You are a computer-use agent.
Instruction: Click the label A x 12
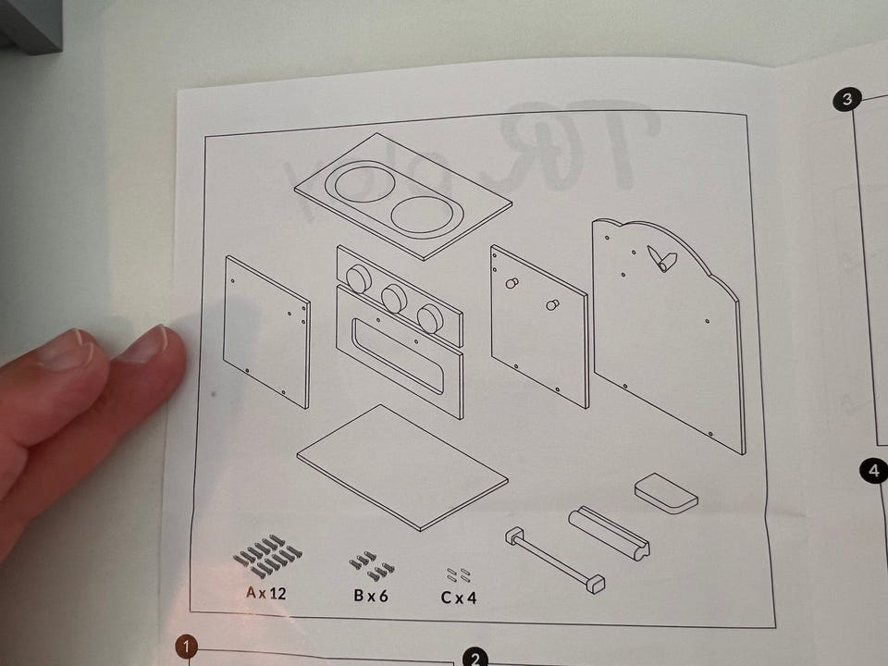click(266, 593)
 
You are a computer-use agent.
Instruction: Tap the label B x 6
click(370, 595)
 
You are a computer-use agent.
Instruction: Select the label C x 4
click(459, 597)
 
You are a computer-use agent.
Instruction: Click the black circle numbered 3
click(846, 100)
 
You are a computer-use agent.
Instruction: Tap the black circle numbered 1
click(188, 647)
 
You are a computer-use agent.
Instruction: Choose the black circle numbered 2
click(475, 659)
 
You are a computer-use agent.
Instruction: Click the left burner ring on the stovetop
click(363, 185)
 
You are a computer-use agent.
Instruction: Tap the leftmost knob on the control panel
click(358, 277)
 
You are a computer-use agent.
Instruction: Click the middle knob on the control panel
click(394, 298)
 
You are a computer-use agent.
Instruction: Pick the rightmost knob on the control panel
click(429, 318)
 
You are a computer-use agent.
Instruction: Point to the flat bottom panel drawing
click(402, 466)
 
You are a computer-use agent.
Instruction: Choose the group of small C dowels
click(459, 574)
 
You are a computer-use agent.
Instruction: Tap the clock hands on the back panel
click(663, 259)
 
